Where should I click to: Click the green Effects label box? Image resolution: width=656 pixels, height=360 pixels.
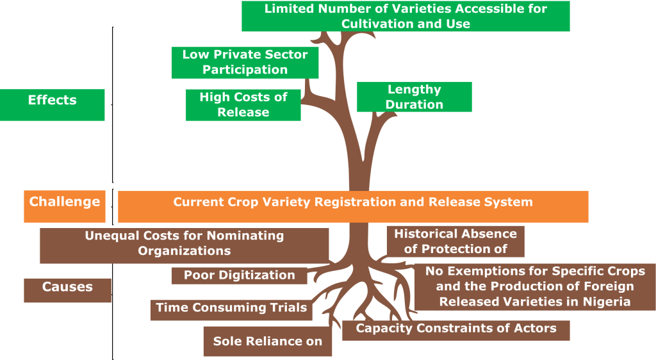coord(53,104)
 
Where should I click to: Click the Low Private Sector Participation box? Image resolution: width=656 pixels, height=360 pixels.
coord(245,62)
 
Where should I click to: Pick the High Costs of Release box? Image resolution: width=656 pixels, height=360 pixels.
coord(243,104)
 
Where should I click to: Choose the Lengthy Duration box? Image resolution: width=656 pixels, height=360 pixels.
coord(414,97)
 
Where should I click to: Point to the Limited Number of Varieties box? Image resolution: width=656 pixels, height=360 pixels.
coord(406,17)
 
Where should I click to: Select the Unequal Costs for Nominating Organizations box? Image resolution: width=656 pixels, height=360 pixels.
coord(184,243)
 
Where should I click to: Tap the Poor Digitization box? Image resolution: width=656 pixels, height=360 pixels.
coord(240,275)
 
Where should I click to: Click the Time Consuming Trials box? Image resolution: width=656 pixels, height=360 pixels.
coord(231,308)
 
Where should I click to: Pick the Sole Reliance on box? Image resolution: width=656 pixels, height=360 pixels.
coord(268,341)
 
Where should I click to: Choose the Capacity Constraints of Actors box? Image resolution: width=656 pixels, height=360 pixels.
coord(455,329)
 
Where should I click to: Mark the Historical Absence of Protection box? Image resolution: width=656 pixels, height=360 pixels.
coord(455,241)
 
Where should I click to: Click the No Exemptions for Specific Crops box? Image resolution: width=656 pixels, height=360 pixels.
coord(535,286)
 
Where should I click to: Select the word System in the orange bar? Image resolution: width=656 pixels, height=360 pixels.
coord(509,202)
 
